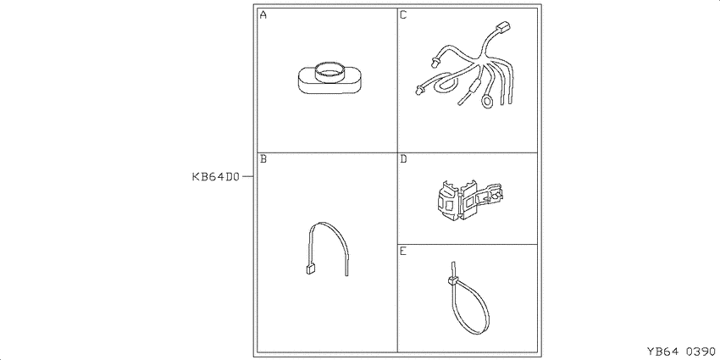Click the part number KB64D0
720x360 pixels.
[x=216, y=177]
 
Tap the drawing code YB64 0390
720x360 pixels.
[x=681, y=352]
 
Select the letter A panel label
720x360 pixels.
[x=263, y=15]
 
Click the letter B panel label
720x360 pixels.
[x=263, y=159]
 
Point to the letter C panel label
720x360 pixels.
[x=403, y=15]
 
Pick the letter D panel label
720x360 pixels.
[x=403, y=159]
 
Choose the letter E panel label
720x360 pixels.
[x=403, y=252]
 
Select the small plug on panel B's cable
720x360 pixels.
[x=310, y=269]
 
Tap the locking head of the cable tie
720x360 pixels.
[x=451, y=280]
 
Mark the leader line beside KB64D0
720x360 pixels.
[x=247, y=176]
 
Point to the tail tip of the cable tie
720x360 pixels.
[x=453, y=263]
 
